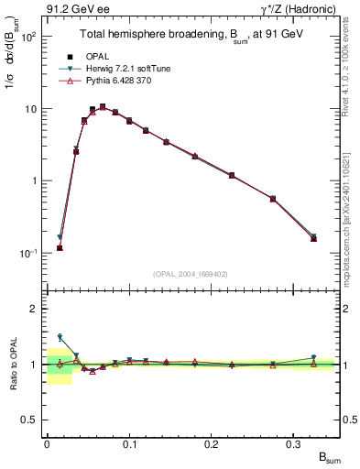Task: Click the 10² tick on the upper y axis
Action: pos(27,38)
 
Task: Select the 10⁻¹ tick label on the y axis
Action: pos(27,253)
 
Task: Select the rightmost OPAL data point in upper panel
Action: pos(313,238)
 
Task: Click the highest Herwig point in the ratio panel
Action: pos(60,337)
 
